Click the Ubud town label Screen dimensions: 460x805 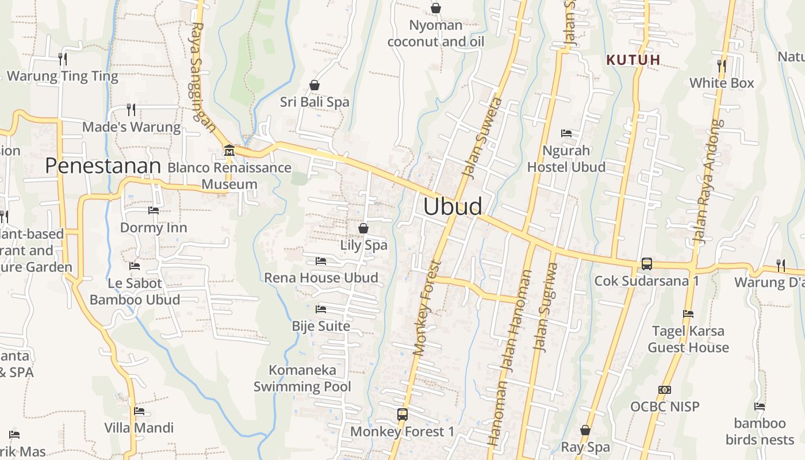[453, 206]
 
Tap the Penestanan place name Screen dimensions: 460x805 [103, 166]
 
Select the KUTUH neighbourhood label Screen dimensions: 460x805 [633, 59]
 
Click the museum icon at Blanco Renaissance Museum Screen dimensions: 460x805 [229, 151]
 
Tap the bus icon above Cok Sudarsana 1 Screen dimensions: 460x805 [647, 264]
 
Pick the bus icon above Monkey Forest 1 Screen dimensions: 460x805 [402, 414]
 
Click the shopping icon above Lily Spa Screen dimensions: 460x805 [363, 228]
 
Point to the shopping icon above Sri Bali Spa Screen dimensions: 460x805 [315, 85]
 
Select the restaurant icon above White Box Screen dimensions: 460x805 [722, 66]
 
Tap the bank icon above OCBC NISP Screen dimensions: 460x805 [665, 390]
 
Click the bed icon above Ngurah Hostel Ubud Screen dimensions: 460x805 [566, 133]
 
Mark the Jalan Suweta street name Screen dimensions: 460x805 [482, 138]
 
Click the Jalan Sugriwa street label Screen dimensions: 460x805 [546, 307]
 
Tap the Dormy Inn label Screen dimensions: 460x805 [154, 228]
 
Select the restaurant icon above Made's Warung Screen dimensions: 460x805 [131, 109]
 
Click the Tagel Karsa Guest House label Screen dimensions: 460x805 [688, 339]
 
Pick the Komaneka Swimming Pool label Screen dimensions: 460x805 [302, 378]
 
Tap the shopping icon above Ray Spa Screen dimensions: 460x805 [585, 430]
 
